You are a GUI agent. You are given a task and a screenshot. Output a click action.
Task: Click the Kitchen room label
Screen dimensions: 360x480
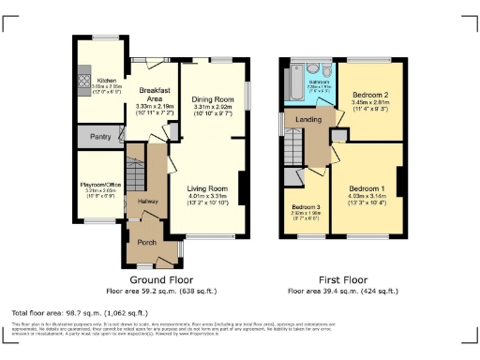click(107, 81)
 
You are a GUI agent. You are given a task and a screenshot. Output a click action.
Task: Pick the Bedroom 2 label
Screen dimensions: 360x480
click(369, 96)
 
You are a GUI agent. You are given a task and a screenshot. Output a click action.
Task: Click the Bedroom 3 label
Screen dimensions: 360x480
click(307, 206)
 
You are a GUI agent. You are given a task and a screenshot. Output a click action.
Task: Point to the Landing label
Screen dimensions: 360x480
click(310, 118)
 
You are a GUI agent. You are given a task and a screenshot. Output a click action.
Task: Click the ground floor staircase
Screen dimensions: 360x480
click(136, 173)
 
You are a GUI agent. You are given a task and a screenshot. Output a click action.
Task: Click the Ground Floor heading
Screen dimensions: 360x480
click(155, 278)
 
